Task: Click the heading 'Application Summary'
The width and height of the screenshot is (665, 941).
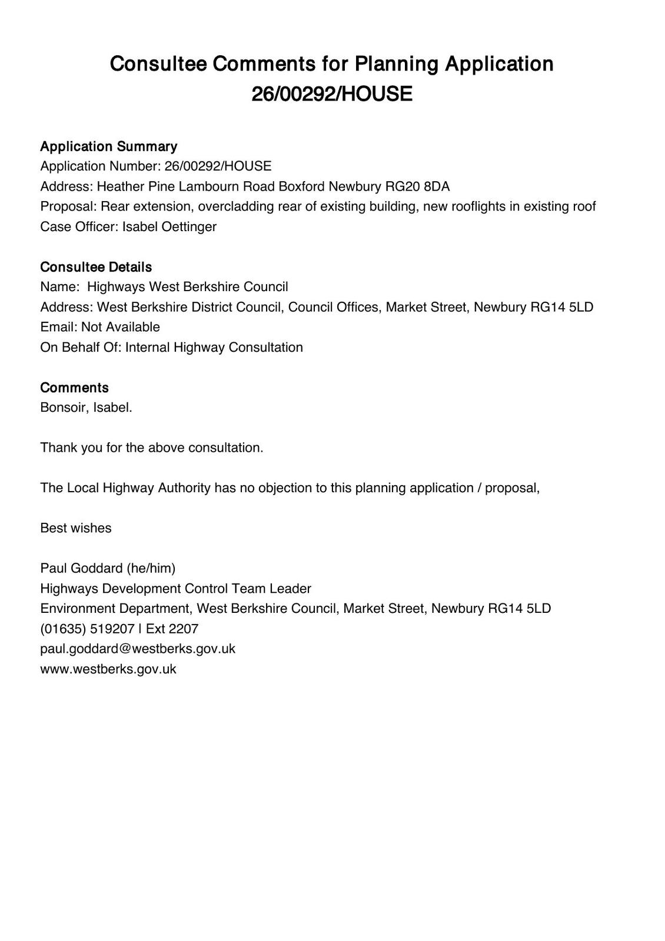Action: pos(108,146)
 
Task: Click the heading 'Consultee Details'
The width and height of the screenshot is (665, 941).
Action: pos(96,267)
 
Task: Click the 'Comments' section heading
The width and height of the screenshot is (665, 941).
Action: pos(74,388)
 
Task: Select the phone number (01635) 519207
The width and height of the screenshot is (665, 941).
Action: pos(87,629)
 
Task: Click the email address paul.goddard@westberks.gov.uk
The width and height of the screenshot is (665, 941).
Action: pos(138,649)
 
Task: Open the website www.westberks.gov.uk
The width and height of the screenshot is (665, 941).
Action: pos(108,669)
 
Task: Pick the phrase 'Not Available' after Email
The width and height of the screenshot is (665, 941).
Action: pos(121,327)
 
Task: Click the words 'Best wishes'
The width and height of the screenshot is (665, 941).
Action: pos(76,528)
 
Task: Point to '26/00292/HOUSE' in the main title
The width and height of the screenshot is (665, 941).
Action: pos(332,94)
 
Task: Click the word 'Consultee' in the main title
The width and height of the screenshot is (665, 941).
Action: pos(158,64)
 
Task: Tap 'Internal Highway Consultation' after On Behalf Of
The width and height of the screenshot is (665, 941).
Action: pos(214,348)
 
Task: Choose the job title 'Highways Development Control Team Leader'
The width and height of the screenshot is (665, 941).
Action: pos(175,589)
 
